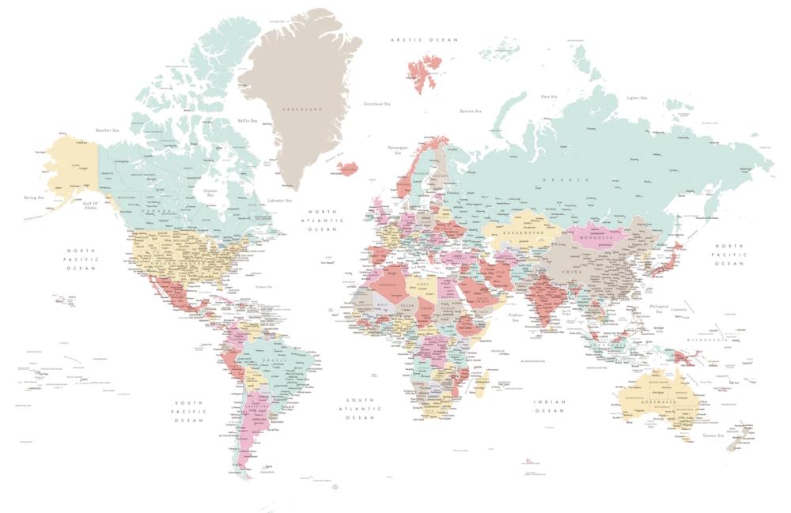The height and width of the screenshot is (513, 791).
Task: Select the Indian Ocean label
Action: [x=549, y=406]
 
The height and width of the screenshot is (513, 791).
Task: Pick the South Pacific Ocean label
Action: [x=190, y=411]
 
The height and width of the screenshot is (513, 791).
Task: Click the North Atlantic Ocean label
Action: [x=323, y=221]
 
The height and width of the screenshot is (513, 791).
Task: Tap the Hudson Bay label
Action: [x=210, y=192]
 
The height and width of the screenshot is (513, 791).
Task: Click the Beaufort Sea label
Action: [x=107, y=130]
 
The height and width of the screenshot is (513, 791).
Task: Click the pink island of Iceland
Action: [x=346, y=168]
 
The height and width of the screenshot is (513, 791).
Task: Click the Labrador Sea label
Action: [x=280, y=201]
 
